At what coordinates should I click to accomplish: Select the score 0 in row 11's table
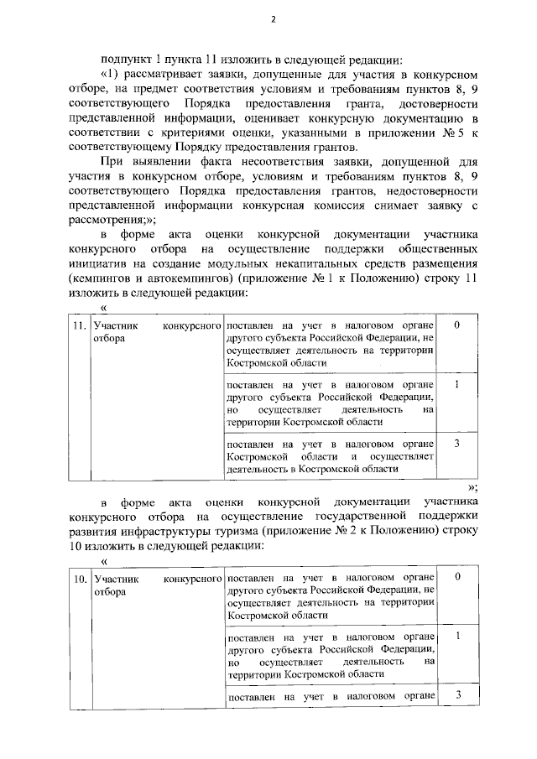point(456,324)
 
